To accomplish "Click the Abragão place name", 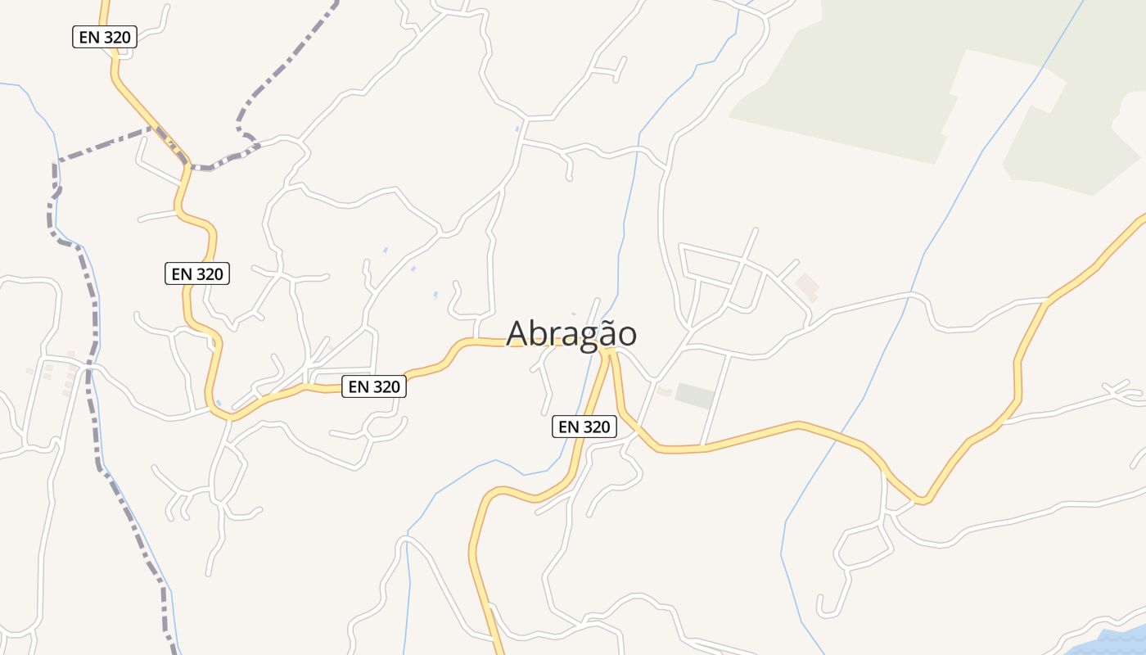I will coord(571,333).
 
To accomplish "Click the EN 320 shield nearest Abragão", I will coord(584,427).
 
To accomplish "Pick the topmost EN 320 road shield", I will coord(104,37).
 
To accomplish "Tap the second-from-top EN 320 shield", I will coord(197,274).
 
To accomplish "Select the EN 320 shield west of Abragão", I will coord(374,386).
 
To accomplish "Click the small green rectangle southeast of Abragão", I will coord(694,395).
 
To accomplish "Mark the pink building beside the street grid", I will coord(807,286).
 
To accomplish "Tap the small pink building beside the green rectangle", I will coord(665,391).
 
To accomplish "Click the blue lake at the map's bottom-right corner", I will coord(1113,643).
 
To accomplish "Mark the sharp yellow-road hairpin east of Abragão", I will coord(923,499).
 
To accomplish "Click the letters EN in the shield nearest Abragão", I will coord(568,427).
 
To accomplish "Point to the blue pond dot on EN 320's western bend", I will coord(218,402).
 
